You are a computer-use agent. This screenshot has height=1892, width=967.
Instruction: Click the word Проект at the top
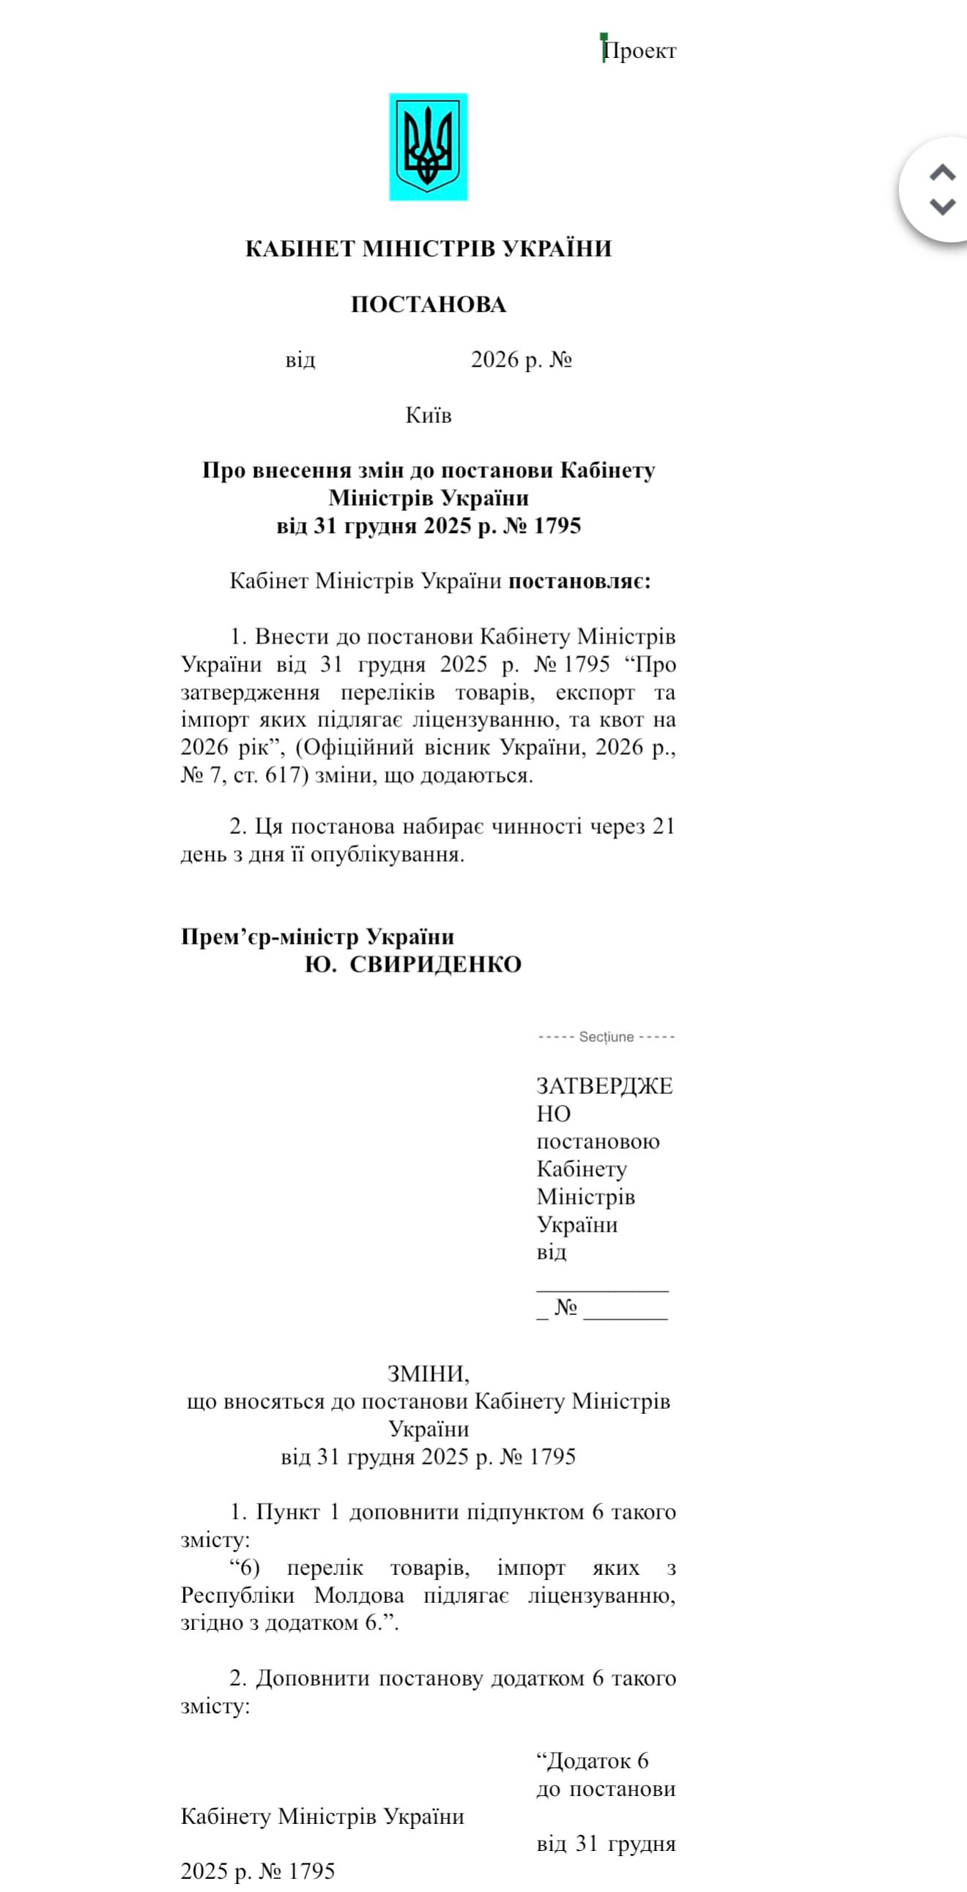pos(640,51)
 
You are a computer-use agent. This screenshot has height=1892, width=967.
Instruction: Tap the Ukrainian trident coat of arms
pos(428,147)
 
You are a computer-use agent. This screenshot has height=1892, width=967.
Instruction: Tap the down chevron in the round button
pos(942,206)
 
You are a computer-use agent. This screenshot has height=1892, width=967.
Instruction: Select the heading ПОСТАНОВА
pos(428,304)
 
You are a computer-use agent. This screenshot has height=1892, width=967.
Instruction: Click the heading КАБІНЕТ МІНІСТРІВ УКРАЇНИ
pos(428,248)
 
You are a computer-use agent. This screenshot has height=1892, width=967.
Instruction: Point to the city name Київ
pos(428,415)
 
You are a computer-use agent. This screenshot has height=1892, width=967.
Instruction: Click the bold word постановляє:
pos(579,581)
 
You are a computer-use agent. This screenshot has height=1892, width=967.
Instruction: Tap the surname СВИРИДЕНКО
pos(435,964)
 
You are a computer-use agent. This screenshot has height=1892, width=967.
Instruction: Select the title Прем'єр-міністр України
pos(317,936)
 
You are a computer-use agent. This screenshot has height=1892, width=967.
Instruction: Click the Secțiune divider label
pos(607,1036)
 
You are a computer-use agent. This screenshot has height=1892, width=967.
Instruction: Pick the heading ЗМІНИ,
pos(428,1374)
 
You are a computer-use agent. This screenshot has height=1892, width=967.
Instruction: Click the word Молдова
pos(359,1595)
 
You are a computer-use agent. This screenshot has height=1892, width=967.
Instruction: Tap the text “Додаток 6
pos(592,1760)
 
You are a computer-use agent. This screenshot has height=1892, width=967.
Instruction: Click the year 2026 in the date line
pos(494,360)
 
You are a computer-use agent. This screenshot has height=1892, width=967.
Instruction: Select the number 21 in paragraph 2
pos(663,826)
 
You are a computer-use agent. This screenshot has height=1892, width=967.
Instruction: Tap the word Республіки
pos(238,1595)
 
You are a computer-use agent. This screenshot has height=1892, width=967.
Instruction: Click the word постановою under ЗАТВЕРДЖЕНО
pos(598,1141)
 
